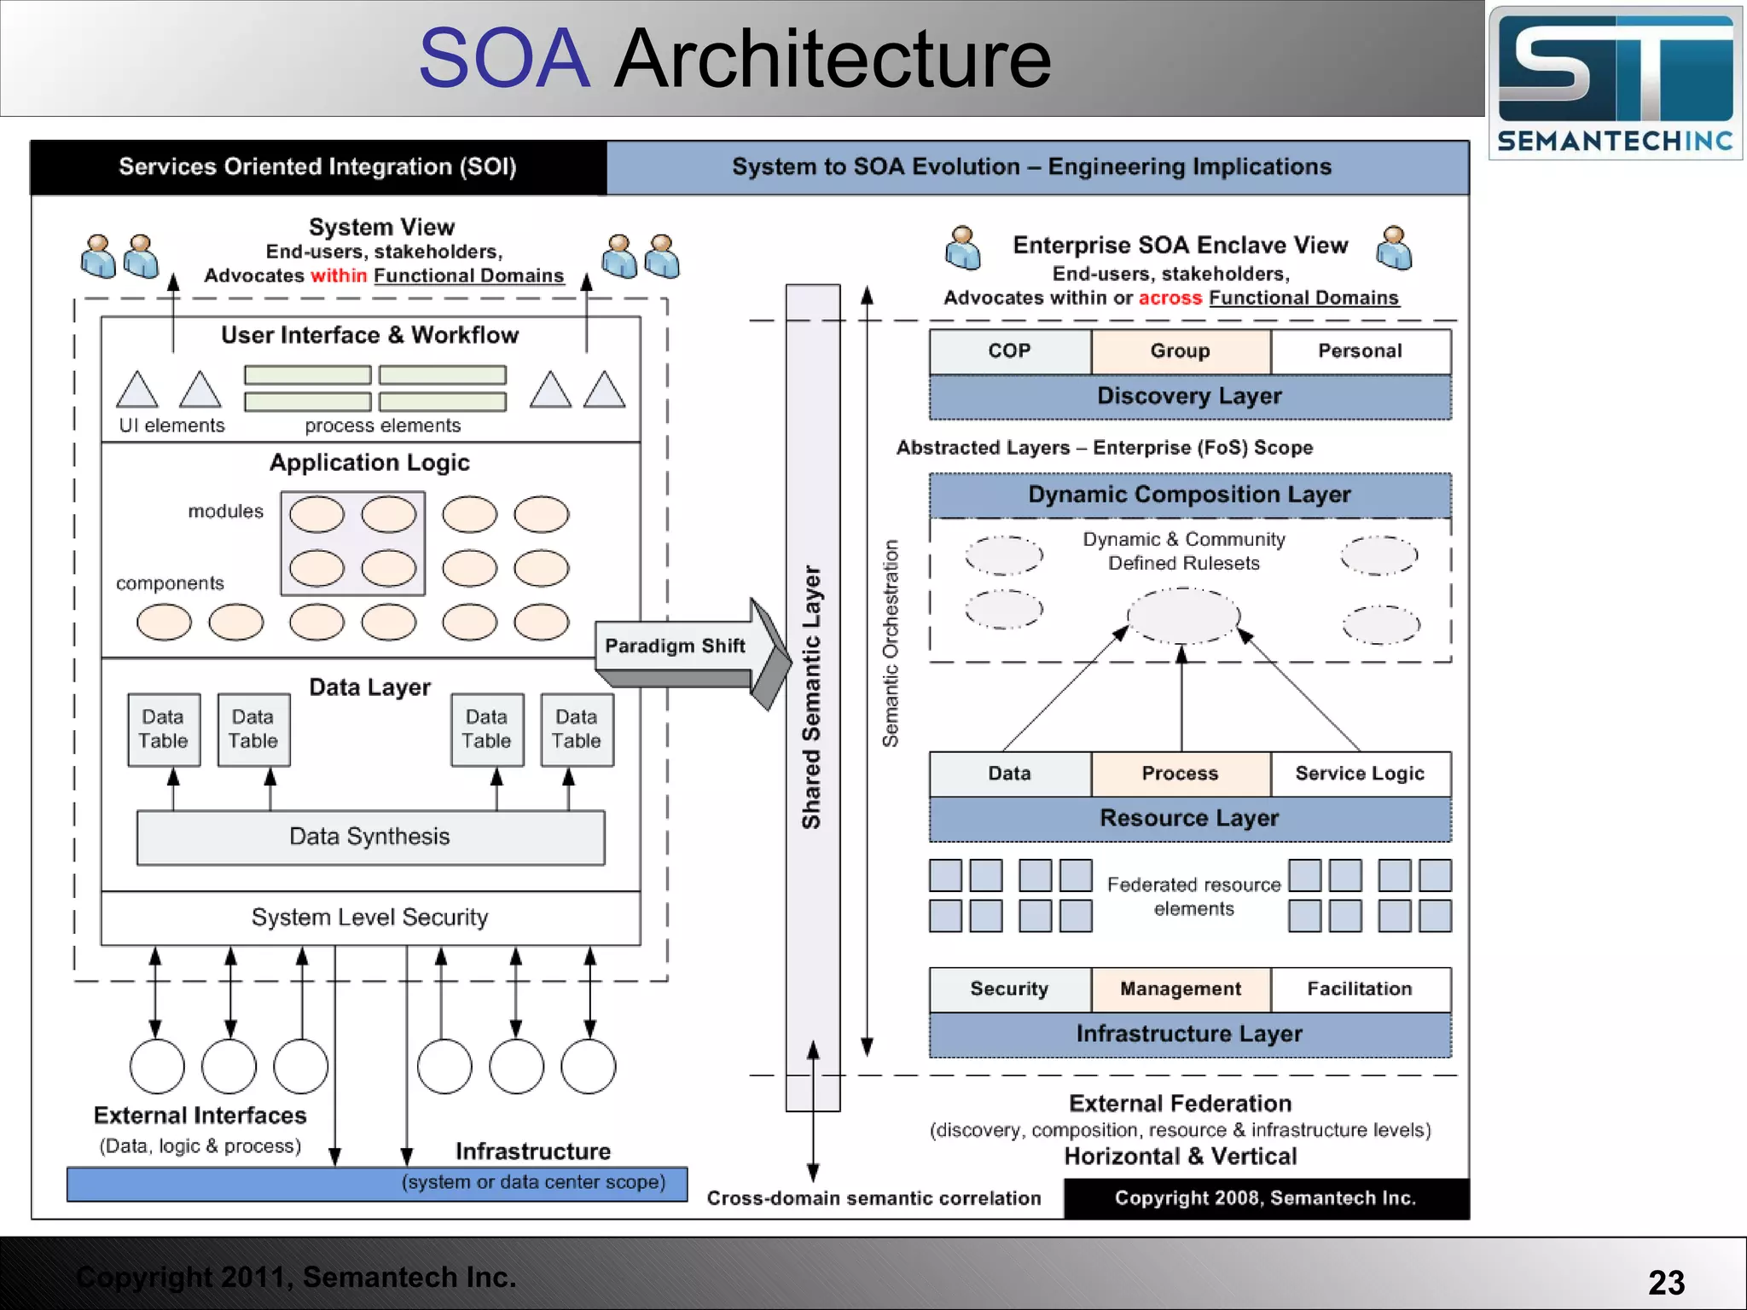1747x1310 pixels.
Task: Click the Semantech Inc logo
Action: tap(1615, 83)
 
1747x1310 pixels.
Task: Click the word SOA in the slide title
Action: tap(504, 59)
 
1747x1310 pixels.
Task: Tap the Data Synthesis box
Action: tap(370, 837)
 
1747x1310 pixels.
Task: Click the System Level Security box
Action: tap(370, 918)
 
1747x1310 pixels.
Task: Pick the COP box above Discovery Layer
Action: tap(1009, 351)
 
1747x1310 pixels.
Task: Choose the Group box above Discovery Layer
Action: tap(1180, 351)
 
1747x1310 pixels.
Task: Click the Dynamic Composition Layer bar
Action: tap(1189, 495)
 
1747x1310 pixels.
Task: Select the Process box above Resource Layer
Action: tap(1180, 774)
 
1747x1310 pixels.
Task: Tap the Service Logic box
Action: tap(1360, 774)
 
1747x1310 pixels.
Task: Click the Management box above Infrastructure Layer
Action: tap(1180, 989)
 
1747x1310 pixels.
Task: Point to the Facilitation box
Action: tap(1360, 989)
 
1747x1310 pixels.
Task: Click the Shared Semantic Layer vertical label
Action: tap(811, 697)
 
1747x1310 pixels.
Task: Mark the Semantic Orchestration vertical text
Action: tap(891, 644)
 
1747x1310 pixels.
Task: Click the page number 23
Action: tap(1666, 1283)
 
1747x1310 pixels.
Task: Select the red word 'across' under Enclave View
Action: tap(1170, 298)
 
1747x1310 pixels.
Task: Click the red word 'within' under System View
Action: tap(339, 275)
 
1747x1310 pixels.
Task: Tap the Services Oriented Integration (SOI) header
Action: tap(317, 167)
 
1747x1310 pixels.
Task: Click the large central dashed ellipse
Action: tap(1183, 615)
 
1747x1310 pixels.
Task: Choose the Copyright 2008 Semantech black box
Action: tap(1265, 1198)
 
